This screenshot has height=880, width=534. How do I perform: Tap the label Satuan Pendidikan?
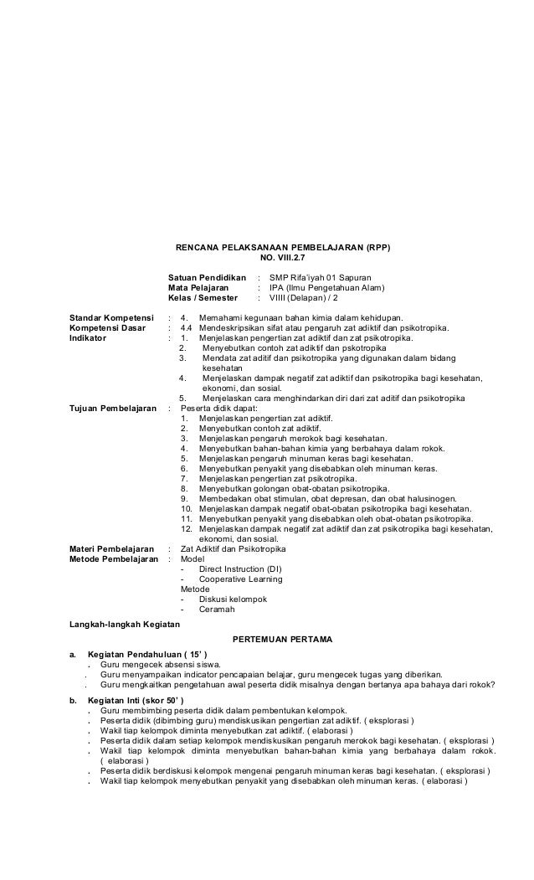(x=207, y=276)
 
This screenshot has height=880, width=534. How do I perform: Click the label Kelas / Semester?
(x=203, y=298)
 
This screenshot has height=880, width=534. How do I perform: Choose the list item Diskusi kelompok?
(x=233, y=600)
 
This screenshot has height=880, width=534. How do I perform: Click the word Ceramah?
(x=217, y=610)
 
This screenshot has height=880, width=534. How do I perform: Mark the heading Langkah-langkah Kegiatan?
(x=123, y=623)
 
